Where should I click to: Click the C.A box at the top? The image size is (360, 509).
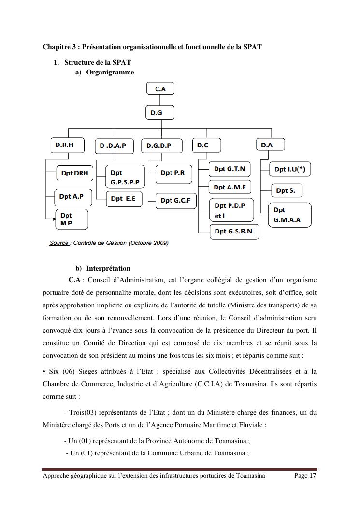coord(160,88)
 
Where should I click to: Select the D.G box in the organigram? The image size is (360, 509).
coord(159,113)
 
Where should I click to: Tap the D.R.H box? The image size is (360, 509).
coord(67,145)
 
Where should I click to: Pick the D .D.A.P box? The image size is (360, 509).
coord(114,145)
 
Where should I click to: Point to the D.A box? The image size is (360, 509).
coord(270,145)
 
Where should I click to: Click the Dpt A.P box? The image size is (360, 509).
coord(72,196)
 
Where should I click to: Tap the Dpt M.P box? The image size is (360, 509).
coord(72,219)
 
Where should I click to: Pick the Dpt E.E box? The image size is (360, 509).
coord(124,199)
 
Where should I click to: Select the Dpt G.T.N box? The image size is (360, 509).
coord(230,169)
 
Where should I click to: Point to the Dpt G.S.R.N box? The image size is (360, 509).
coord(233,232)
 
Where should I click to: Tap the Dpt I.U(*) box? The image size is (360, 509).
coord(290,169)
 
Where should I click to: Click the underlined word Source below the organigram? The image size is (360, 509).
coord(59,243)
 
